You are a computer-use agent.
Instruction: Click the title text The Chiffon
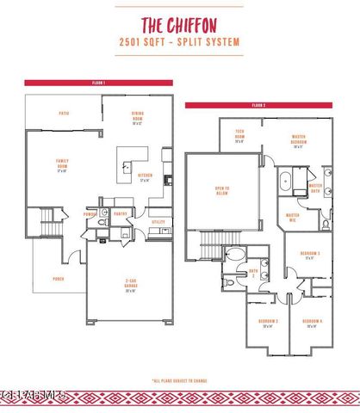point(180,24)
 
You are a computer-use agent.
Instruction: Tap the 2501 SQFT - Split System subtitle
point(180,41)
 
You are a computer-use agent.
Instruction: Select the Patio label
point(64,113)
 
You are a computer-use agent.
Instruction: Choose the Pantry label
point(121,214)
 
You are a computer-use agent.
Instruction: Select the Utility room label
point(158,222)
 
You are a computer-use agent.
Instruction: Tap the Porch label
point(59,278)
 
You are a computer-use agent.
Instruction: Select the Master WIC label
point(293,217)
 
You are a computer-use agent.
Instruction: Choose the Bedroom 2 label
point(267,324)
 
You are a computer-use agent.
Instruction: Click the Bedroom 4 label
point(312,324)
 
